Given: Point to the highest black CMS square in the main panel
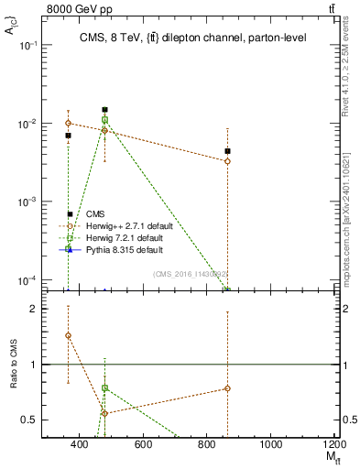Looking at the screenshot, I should [105, 110].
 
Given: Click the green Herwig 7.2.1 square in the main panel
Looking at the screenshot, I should [105, 120].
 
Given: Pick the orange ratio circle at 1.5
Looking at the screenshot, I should [69, 335].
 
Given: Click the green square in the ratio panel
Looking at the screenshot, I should [105, 388].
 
